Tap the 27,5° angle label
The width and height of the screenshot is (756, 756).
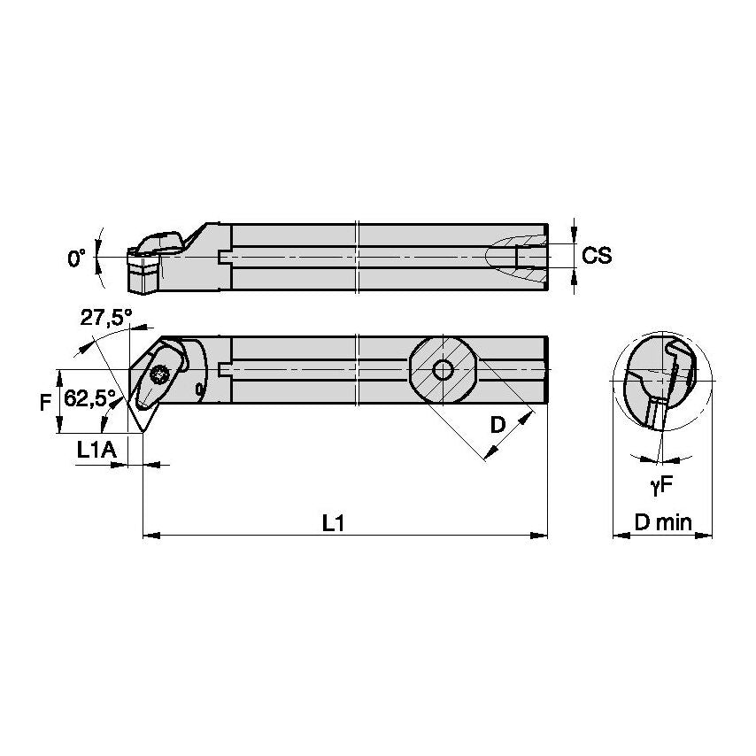pos(105,318)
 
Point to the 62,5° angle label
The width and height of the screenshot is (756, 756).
pos(89,399)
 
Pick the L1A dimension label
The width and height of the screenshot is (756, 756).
pos(96,451)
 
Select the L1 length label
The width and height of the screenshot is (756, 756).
pos(333,523)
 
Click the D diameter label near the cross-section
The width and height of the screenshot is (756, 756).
pos(498,425)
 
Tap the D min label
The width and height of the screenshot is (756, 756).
pos(663,522)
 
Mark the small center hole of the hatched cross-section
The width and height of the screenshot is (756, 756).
pos(442,369)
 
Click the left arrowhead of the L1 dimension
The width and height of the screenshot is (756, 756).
pos(149,535)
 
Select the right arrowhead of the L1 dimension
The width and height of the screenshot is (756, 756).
pos(541,535)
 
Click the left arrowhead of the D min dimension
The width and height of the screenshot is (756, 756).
pos(619,535)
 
